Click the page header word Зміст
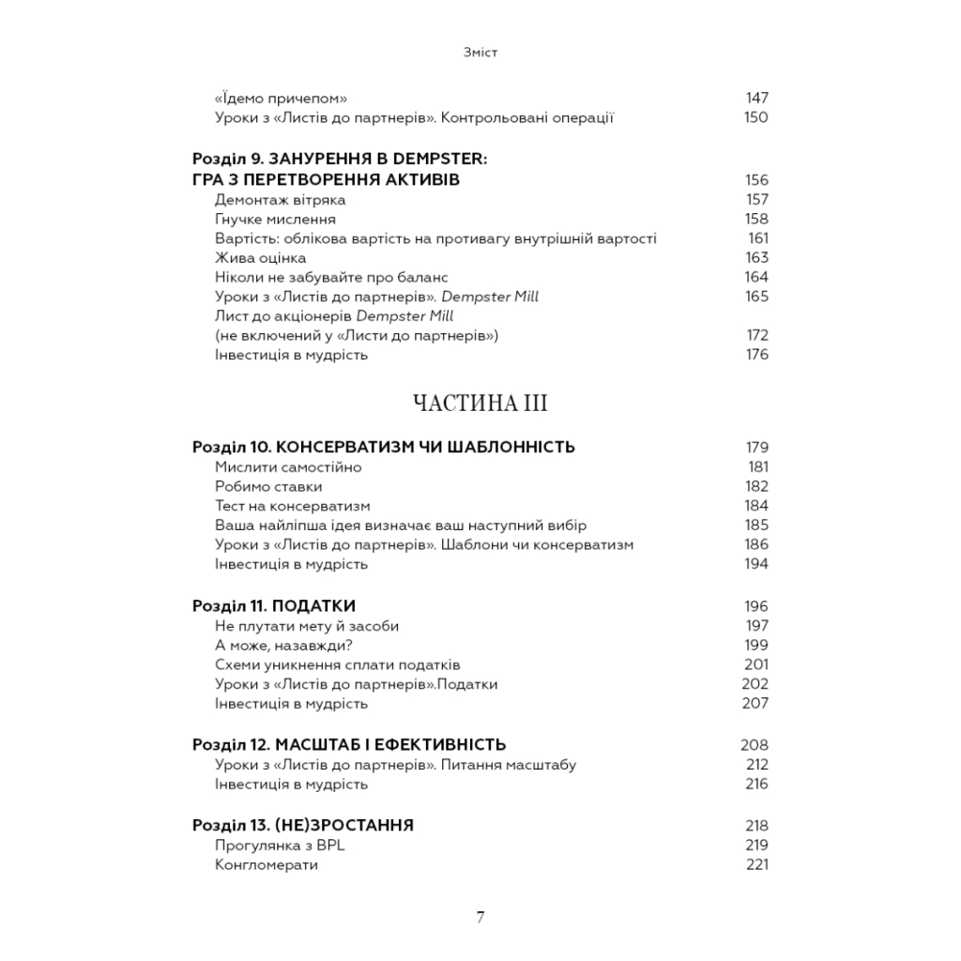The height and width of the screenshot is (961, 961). click(x=480, y=53)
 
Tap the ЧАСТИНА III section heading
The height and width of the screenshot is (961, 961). click(x=480, y=404)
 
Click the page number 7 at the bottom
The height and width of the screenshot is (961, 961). click(x=480, y=918)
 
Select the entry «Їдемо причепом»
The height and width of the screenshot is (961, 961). click(x=282, y=98)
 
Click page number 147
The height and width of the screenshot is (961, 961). click(x=756, y=98)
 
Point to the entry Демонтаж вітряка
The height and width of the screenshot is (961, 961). click(x=280, y=200)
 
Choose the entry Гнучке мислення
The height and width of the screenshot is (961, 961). click(x=275, y=219)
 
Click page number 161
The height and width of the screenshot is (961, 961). click(x=757, y=238)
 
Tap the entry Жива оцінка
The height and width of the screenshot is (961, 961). click(x=260, y=257)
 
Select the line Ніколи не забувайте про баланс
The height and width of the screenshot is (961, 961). click(x=331, y=277)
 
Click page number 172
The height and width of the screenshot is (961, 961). click(x=756, y=335)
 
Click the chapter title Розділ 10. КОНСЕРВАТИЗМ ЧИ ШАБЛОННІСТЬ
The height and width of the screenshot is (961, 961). click(x=383, y=447)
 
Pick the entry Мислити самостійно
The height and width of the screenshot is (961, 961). click(x=288, y=466)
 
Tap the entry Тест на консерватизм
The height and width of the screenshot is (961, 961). click(x=293, y=506)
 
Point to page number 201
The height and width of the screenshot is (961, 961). click(x=756, y=664)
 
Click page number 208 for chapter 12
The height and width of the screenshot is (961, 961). click(x=755, y=745)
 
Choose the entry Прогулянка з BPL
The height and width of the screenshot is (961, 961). click(x=275, y=845)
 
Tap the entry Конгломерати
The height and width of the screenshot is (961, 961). click(x=266, y=864)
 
